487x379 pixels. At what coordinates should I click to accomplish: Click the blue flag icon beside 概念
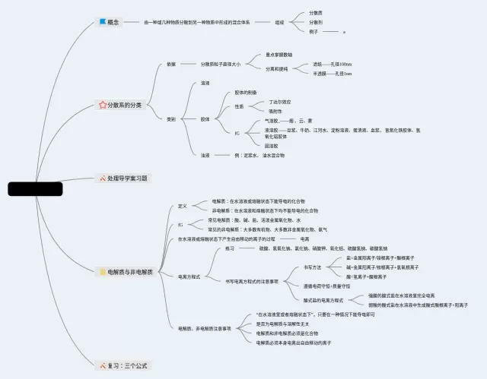(x=103, y=23)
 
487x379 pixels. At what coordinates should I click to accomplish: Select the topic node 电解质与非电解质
(x=129, y=271)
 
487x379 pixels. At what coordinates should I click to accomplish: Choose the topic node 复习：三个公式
(x=126, y=365)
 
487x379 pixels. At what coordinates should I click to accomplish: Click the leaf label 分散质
(x=316, y=13)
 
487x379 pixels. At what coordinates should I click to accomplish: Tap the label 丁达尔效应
(x=280, y=101)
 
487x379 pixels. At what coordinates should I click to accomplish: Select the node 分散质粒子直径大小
(x=221, y=64)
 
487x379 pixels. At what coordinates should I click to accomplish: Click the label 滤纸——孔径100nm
(x=333, y=64)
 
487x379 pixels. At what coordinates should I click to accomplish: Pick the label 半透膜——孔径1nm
(x=333, y=74)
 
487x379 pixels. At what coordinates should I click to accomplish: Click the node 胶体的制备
(x=245, y=92)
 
